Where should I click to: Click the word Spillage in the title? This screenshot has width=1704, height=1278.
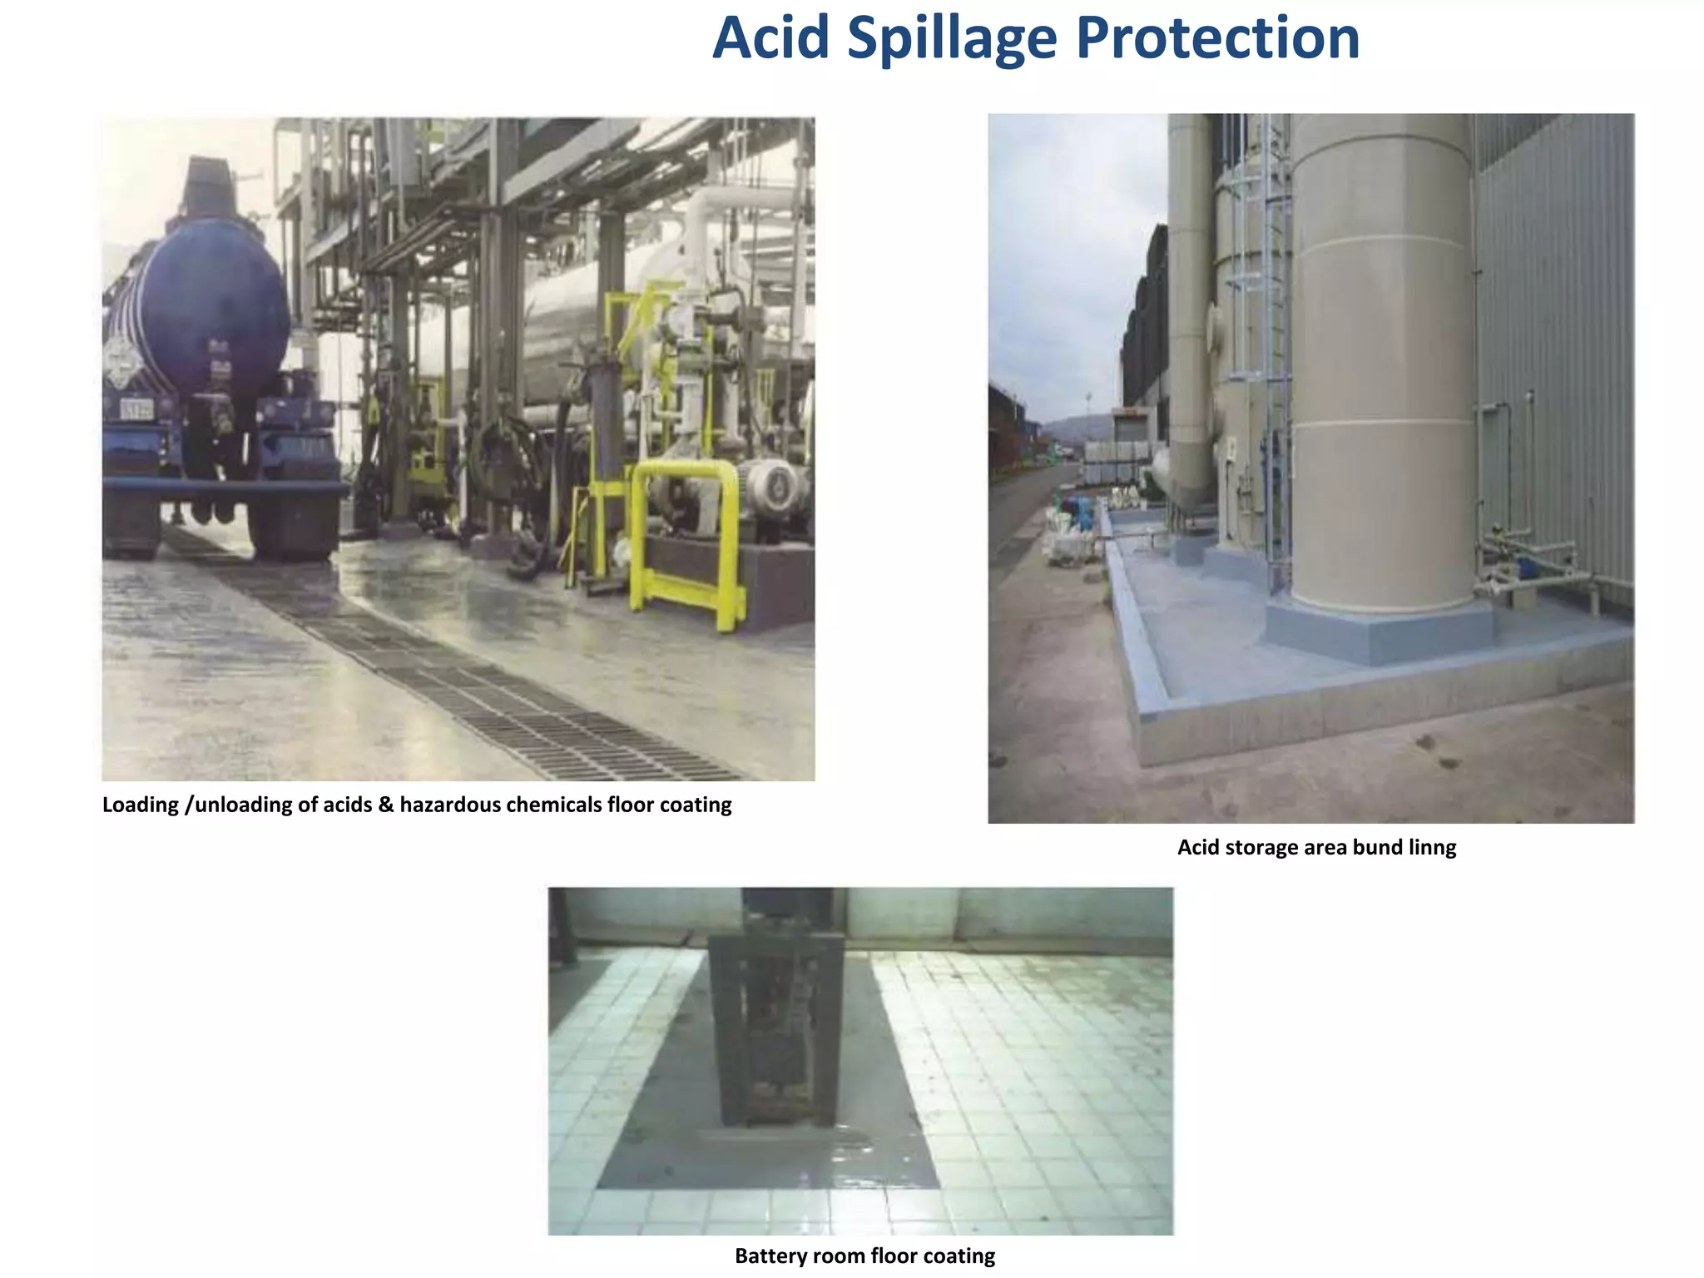coord(952,40)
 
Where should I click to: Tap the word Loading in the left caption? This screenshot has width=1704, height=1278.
coord(141,805)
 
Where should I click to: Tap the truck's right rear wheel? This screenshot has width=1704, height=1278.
coord(295,524)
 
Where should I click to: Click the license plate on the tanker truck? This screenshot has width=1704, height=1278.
coord(137,409)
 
